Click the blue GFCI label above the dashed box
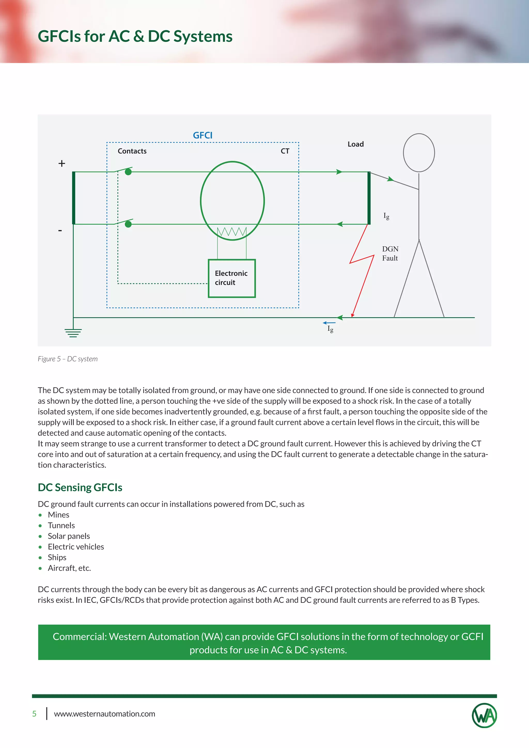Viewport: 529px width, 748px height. click(x=202, y=135)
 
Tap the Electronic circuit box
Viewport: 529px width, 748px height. click(x=232, y=278)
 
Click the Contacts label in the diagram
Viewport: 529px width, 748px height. click(x=132, y=151)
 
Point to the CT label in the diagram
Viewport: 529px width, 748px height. click(x=285, y=151)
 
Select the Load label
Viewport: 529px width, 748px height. click(x=355, y=144)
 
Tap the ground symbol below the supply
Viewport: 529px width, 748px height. click(x=73, y=333)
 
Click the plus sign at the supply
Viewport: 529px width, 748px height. click(x=61, y=163)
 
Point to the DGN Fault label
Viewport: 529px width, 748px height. click(x=390, y=253)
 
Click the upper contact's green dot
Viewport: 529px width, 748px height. click(x=128, y=172)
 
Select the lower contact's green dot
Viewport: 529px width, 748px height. click(x=128, y=224)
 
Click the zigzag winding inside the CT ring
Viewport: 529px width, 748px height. click(x=232, y=232)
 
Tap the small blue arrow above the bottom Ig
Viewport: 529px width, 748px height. click(x=329, y=323)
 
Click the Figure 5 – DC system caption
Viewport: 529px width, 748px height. click(x=68, y=359)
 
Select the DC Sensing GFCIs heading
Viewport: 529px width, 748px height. click(x=80, y=487)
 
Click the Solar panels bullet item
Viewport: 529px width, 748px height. click(x=69, y=536)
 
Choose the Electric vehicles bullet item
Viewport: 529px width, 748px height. click(x=76, y=547)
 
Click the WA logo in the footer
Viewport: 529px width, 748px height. click(x=484, y=715)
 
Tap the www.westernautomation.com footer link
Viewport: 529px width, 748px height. click(x=105, y=714)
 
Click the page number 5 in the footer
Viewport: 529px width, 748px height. click(x=34, y=714)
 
